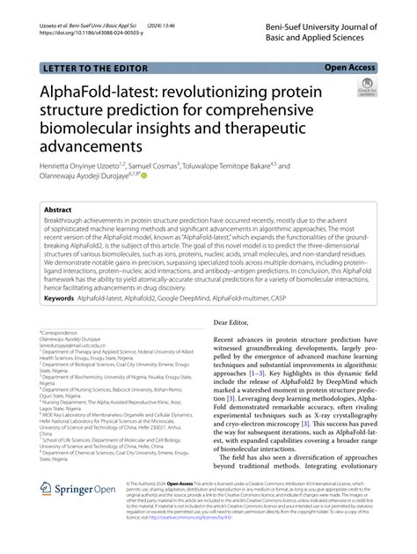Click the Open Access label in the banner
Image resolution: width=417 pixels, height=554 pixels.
[x=351, y=66]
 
